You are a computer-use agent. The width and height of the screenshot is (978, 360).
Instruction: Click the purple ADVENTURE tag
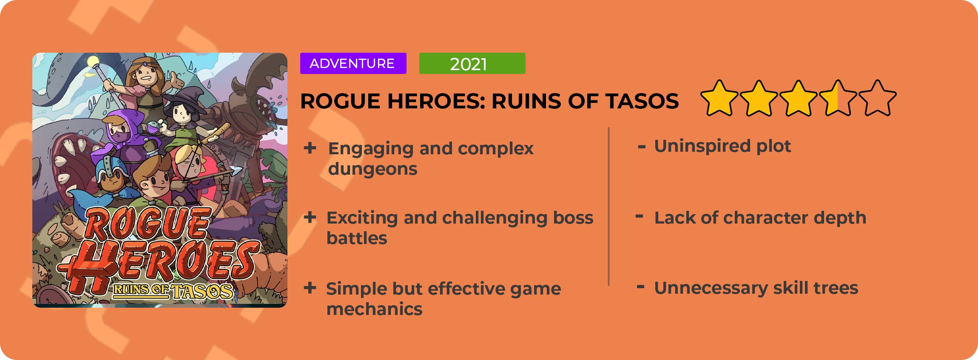[353, 63]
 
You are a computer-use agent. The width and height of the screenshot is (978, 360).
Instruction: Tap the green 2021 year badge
[472, 63]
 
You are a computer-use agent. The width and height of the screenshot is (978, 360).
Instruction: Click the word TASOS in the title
[642, 101]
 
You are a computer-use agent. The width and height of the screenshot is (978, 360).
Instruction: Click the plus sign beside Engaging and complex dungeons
[310, 148]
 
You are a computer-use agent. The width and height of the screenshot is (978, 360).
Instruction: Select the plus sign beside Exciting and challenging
[310, 218]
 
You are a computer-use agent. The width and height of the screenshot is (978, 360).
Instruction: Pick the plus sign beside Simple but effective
[310, 288]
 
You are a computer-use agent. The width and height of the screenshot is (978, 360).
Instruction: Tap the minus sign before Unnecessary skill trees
[640, 287]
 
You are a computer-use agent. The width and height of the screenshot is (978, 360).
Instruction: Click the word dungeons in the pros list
[372, 169]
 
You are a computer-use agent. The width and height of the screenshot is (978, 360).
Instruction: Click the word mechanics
[374, 309]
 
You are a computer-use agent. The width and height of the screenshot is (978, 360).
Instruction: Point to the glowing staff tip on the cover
[92, 62]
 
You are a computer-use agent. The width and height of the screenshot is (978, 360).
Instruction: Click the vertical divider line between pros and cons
[609, 207]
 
